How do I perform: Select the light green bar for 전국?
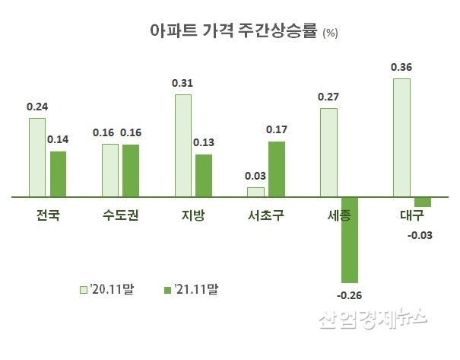click(x=37, y=158)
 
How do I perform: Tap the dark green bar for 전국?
click(x=58, y=174)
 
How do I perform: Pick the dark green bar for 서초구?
click(x=276, y=169)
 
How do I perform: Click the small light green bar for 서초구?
click(x=255, y=192)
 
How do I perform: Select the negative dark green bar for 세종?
click(x=350, y=239)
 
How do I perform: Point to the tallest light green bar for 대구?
click(x=401, y=137)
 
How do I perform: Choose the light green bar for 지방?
click(x=183, y=145)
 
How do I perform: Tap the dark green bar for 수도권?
click(x=131, y=170)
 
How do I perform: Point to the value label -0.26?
click(x=350, y=295)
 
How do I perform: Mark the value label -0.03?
click(x=420, y=234)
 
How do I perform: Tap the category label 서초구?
click(x=266, y=215)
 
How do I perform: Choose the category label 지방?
click(x=193, y=215)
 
